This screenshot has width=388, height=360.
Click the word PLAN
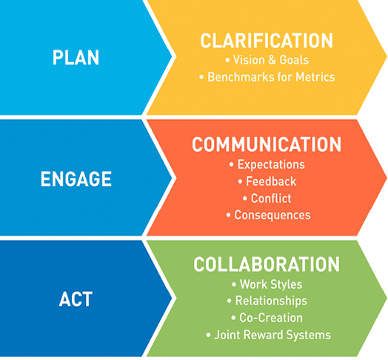pos(76,58)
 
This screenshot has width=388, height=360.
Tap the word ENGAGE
pos(76,179)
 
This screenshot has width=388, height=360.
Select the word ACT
pos(76,299)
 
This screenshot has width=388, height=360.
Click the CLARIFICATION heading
pos(267,41)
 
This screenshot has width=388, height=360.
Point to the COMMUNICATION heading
pos(267,144)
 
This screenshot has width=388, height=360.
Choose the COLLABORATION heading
pos(267,264)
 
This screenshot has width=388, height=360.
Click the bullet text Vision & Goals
pos(271,60)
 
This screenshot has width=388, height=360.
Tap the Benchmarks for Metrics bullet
pos(271,77)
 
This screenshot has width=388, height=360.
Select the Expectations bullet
pos(271,164)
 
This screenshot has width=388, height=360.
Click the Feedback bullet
pos(271,181)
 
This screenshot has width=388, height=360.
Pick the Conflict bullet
pos(271,199)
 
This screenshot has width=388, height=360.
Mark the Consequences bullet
pos(272,215)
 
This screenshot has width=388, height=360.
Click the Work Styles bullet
pos(271,284)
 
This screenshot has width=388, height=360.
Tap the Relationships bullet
pos(271,301)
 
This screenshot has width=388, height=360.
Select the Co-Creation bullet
pos(271,318)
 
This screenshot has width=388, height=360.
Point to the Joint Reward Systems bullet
pos(272,335)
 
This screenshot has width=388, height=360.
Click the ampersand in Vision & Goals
pos(272,60)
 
